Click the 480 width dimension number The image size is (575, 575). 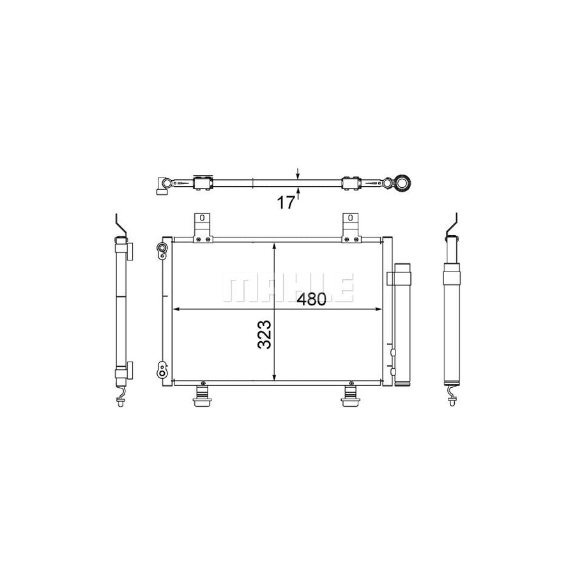311,299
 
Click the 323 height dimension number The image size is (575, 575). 264,334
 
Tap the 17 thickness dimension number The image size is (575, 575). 286,203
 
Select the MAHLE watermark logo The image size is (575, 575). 288,287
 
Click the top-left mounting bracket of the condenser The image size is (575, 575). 203,227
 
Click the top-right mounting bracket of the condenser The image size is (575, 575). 351,227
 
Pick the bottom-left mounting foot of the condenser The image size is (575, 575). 203,394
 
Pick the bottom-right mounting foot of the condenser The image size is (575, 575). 351,394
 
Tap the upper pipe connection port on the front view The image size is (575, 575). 162,250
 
